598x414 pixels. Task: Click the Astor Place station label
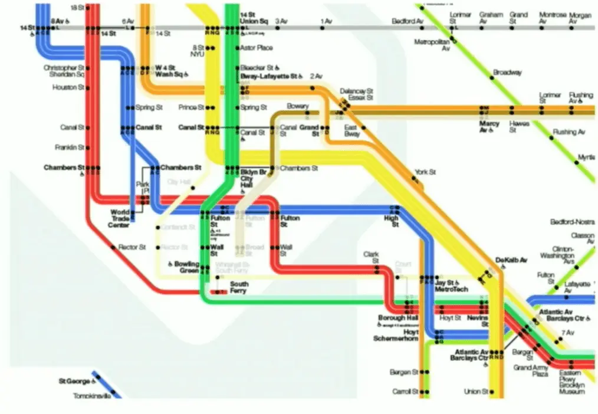coord(257,47)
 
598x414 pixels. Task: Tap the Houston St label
coord(68,87)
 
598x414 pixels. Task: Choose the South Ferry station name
coord(239,288)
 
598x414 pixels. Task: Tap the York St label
coord(425,172)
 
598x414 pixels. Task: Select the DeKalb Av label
coord(511,260)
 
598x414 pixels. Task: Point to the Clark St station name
coord(371,258)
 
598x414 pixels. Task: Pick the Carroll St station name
coord(405,392)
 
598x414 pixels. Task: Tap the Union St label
coord(476,392)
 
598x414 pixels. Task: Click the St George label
coord(74,382)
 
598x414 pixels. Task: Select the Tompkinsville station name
coord(91,396)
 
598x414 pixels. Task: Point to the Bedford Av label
coord(408,21)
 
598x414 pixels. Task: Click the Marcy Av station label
coord(489,127)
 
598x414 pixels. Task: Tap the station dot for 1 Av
coord(323,28)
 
